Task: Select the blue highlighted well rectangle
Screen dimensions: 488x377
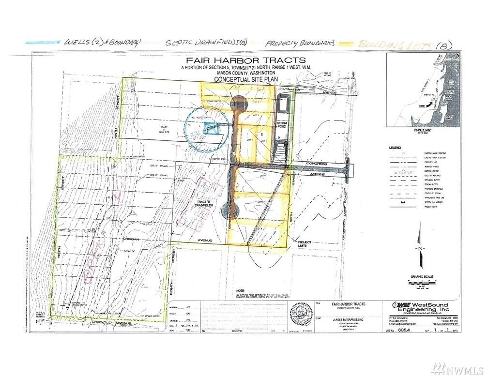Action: coord(210,128)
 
